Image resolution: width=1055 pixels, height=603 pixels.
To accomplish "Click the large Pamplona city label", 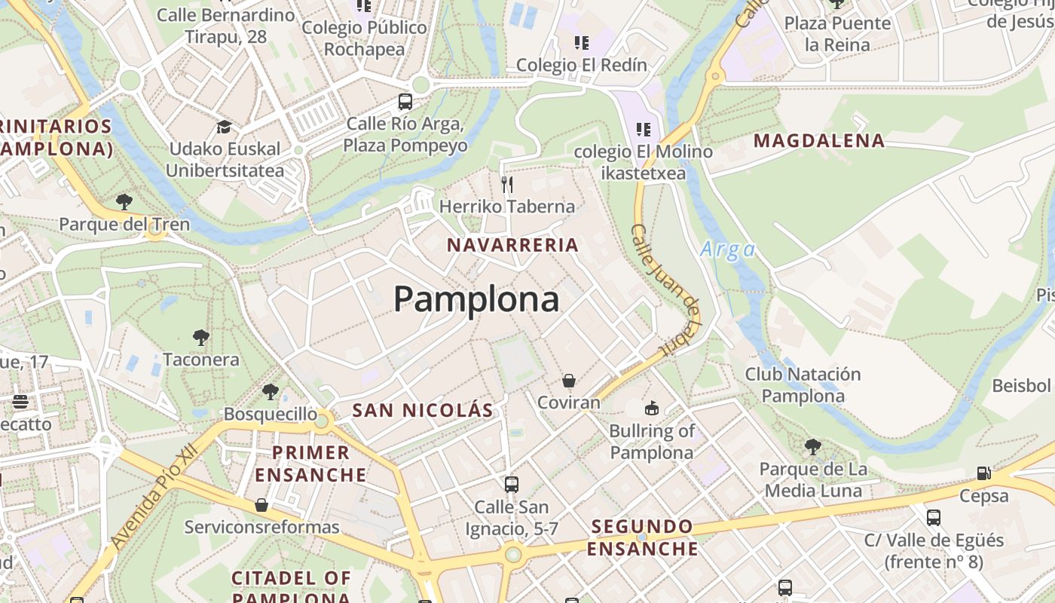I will coord(476,299).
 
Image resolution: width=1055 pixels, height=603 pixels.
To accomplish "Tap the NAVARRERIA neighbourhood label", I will coord(512,245).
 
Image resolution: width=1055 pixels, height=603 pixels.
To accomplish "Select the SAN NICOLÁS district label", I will coord(423,411).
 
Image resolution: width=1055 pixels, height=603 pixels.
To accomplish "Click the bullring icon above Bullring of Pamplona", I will coord(651,409).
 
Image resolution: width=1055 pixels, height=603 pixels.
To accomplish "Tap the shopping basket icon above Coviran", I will coord(569,381).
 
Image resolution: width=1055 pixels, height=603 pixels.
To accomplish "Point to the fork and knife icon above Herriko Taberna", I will coord(507,184).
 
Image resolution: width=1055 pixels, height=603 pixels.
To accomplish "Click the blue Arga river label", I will coord(727,249).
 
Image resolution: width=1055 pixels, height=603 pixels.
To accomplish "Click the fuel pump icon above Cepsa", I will coord(983,473).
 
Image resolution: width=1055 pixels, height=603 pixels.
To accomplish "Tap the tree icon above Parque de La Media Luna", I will coord(812,447).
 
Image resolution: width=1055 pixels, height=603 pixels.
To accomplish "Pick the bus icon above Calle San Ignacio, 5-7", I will coord(512,484).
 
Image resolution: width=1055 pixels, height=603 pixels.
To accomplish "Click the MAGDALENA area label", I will coord(819,141).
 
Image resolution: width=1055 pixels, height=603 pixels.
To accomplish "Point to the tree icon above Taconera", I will coord(200,338).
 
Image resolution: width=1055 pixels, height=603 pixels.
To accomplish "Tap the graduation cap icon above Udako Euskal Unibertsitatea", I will coord(224,127).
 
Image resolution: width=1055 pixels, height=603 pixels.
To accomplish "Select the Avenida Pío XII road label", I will coord(153,496).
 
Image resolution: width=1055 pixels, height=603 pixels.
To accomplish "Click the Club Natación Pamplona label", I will coord(803,384).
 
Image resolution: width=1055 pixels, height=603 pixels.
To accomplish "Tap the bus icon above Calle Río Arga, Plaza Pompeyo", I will coord(405,101).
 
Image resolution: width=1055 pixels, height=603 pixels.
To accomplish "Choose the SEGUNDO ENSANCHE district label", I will coord(643,537).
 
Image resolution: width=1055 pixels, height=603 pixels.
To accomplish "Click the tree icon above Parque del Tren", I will coord(124,202).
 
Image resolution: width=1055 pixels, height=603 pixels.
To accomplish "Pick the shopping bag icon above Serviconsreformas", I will coord(261,504).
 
